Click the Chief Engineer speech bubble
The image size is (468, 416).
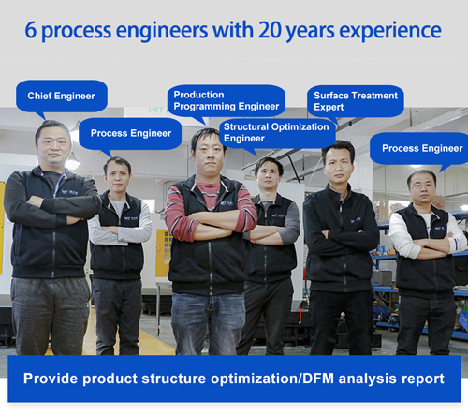(x=62, y=96)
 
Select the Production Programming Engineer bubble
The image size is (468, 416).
(x=226, y=100)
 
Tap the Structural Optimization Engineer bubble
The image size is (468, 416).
(x=276, y=132)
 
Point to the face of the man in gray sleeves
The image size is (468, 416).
(x=270, y=174)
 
